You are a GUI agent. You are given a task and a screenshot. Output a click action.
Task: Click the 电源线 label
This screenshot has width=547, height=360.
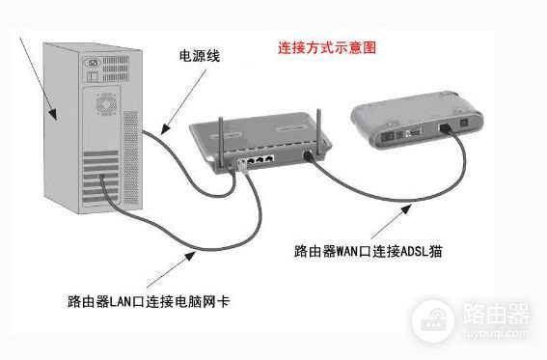click(x=199, y=57)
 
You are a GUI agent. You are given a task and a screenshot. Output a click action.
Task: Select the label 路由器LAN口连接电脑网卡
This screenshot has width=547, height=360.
click(x=149, y=302)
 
